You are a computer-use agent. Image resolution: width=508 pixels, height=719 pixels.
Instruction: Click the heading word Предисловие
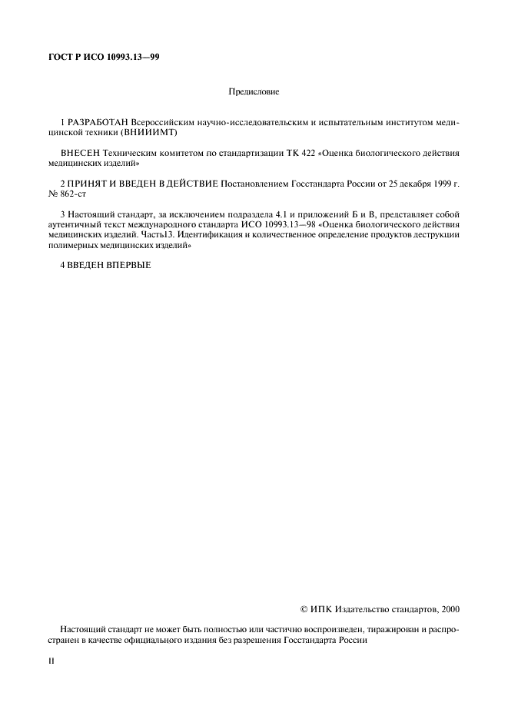254,92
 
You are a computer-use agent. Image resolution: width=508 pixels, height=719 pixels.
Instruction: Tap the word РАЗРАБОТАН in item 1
99,123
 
